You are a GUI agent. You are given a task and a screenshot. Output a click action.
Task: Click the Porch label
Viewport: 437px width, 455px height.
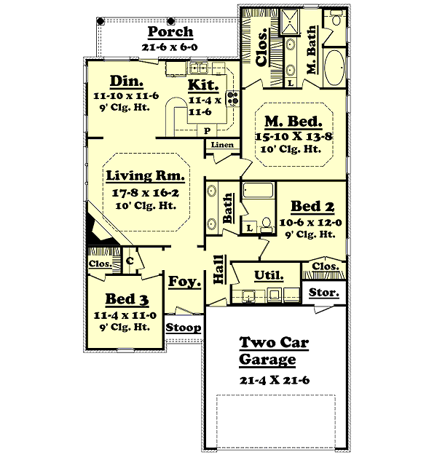(x=170, y=31)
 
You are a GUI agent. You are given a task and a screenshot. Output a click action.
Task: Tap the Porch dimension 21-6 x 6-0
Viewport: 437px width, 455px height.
(x=170, y=47)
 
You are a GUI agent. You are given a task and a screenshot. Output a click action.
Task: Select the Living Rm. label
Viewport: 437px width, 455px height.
(x=145, y=175)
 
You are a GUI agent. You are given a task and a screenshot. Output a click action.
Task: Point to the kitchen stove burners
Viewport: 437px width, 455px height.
(x=233, y=98)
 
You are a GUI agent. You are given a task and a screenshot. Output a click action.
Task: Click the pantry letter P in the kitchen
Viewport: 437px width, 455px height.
(x=207, y=131)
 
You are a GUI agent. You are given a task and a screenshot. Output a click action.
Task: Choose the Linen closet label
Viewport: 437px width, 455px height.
(x=222, y=145)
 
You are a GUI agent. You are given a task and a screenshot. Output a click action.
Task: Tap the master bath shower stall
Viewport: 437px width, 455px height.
(x=290, y=22)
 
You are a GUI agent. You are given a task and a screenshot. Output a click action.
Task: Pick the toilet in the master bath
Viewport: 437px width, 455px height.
(x=336, y=19)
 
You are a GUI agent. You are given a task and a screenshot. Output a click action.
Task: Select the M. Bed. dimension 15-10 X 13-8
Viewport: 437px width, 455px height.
(x=294, y=136)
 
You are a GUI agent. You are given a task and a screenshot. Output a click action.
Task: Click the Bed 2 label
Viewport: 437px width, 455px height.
(x=312, y=207)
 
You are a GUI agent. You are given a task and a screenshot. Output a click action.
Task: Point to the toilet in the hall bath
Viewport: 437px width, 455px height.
(x=267, y=225)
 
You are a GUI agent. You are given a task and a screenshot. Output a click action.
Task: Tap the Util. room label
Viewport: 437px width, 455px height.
(x=269, y=275)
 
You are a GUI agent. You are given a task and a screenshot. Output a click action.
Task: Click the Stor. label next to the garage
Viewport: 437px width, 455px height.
(x=324, y=292)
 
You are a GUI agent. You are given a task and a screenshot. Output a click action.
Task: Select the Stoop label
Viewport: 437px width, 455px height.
(x=184, y=328)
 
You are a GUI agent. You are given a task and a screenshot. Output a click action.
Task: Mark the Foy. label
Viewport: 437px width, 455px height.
(x=185, y=281)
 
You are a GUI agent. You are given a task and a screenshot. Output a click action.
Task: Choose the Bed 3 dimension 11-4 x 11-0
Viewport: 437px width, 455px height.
(x=125, y=315)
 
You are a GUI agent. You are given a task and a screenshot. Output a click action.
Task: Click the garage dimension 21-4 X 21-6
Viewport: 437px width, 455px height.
(x=275, y=380)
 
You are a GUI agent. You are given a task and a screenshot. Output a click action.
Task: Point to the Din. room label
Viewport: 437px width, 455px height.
(x=127, y=82)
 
